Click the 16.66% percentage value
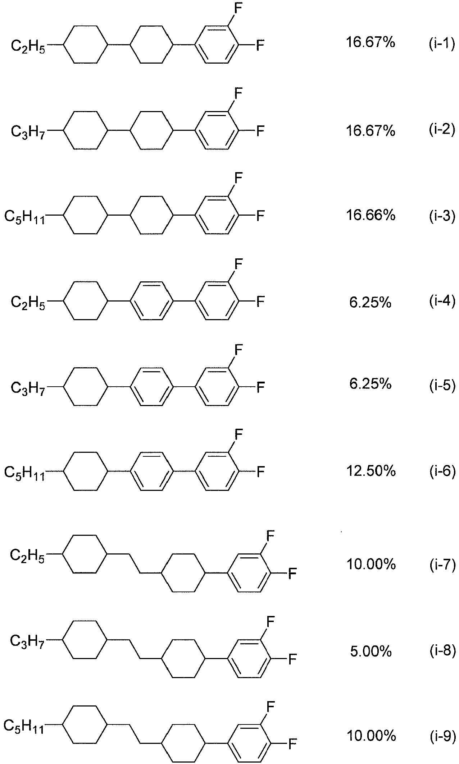[x=371, y=215]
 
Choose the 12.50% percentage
[x=371, y=470]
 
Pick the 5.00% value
[x=371, y=651]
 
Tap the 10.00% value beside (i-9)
[x=371, y=737]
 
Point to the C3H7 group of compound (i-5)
[x=28, y=388]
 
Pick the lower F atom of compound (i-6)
[x=260, y=471]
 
